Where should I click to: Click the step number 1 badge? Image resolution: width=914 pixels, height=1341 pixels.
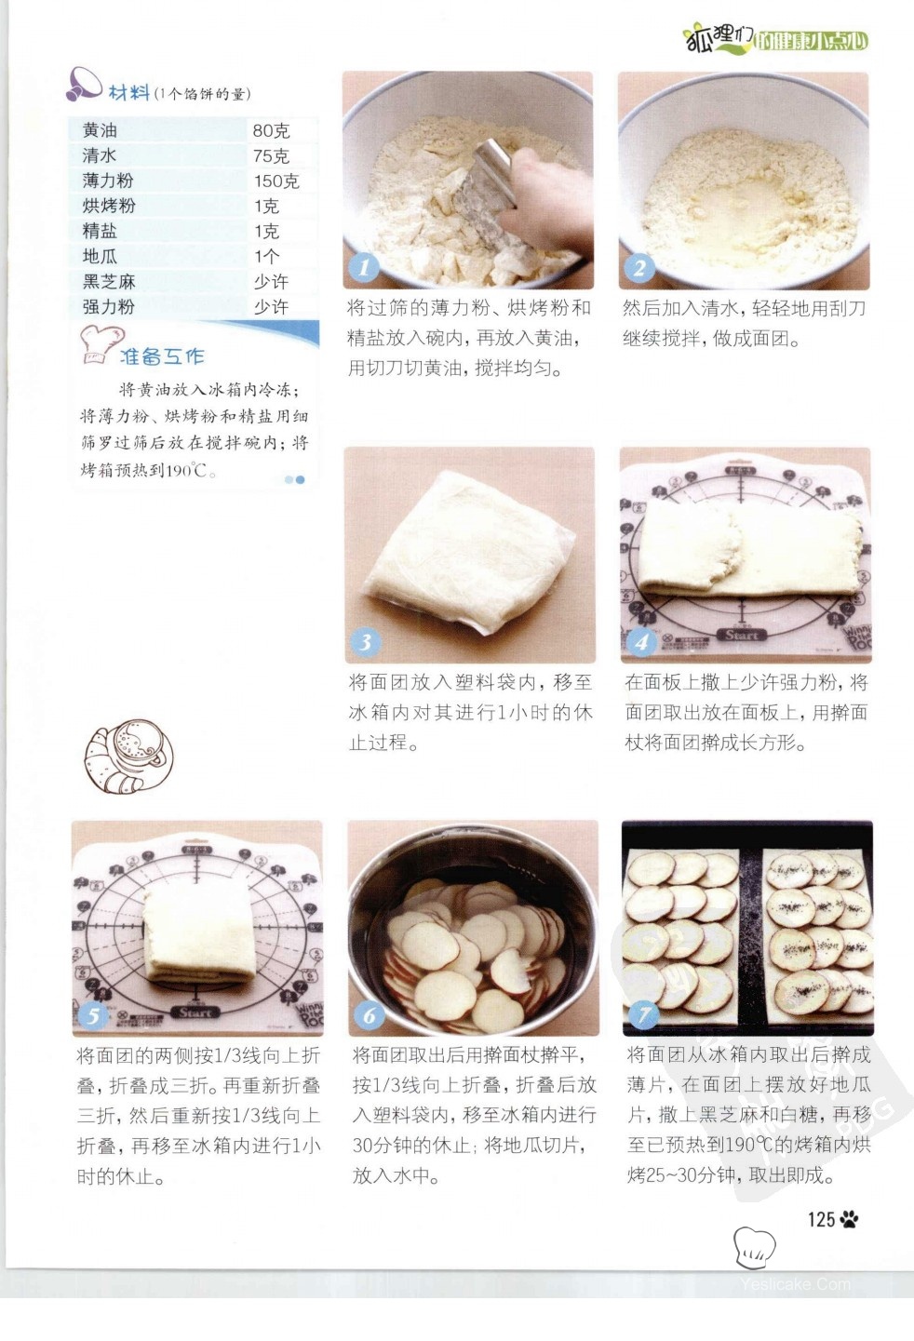pyautogui.click(x=364, y=267)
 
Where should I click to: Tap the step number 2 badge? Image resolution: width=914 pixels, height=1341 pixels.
pyautogui.click(x=639, y=267)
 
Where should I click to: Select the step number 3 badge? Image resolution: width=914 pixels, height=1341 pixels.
pyautogui.click(x=366, y=642)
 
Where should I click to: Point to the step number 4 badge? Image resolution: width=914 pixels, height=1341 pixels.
pyautogui.click(x=641, y=642)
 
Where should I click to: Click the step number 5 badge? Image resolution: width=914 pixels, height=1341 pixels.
pyautogui.click(x=93, y=1016)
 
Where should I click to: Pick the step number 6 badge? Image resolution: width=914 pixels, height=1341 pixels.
pyautogui.click(x=370, y=1015)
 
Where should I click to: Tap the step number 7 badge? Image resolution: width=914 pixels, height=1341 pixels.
pyautogui.click(x=644, y=1015)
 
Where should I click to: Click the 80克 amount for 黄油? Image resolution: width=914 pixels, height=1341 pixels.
pyautogui.click(x=271, y=130)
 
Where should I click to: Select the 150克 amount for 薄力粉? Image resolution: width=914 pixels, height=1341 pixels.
pyautogui.click(x=276, y=181)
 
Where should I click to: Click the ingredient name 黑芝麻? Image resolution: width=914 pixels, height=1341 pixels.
pyautogui.click(x=109, y=281)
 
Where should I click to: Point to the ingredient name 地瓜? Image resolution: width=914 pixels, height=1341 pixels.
pyautogui.click(x=100, y=256)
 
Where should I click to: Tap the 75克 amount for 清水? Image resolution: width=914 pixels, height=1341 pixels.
pyautogui.click(x=271, y=155)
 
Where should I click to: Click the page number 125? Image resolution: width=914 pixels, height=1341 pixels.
pyautogui.click(x=821, y=1219)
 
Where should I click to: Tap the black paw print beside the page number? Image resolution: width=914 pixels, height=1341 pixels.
pyautogui.click(x=850, y=1219)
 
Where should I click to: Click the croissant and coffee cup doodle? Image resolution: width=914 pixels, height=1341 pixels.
pyautogui.click(x=128, y=756)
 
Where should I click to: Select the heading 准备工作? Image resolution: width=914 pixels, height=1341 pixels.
pyautogui.click(x=162, y=356)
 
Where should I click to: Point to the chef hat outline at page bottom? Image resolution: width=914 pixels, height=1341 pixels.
pyautogui.click(x=754, y=1247)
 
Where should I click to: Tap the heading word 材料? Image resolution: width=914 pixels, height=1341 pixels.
pyautogui.click(x=128, y=93)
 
